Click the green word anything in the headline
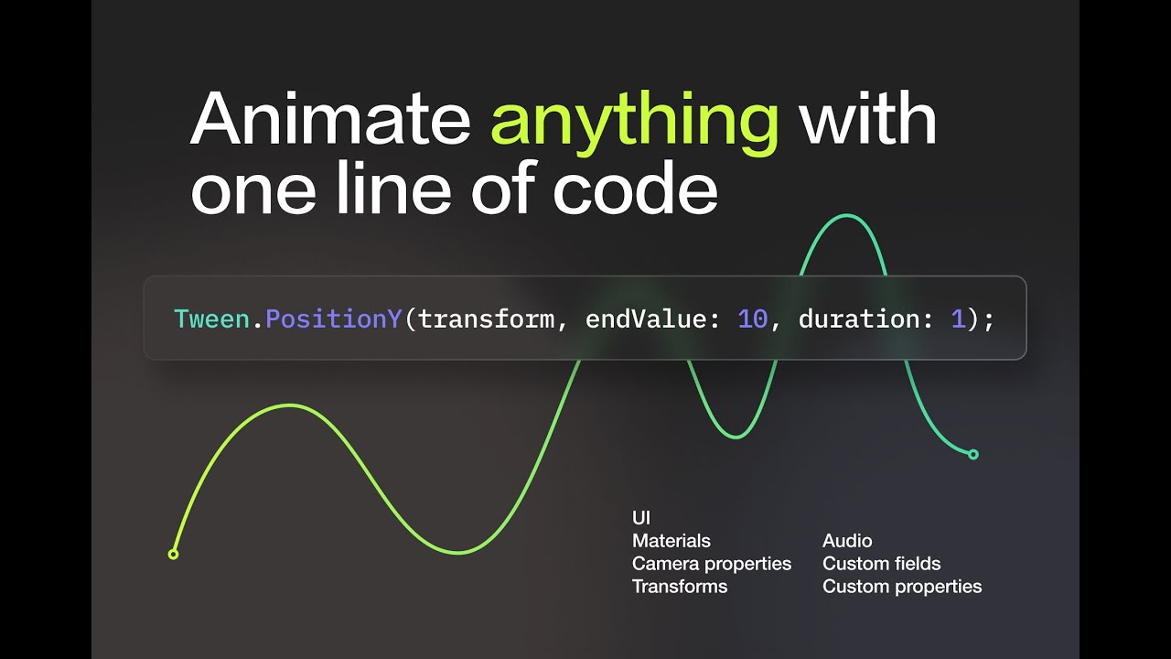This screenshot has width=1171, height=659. click(635, 123)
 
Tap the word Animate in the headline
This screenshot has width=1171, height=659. click(330, 118)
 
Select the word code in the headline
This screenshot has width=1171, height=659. click(635, 188)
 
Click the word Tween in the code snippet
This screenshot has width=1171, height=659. click(211, 319)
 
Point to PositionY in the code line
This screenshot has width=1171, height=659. click(334, 319)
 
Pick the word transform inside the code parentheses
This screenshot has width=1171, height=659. click(486, 319)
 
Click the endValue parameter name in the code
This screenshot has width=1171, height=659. click(645, 319)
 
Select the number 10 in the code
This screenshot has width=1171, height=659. click(753, 319)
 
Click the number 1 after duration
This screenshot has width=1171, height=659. click(958, 319)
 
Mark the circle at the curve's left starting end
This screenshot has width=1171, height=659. click(174, 554)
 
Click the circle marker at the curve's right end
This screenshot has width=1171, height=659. click(972, 455)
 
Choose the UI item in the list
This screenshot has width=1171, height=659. click(641, 518)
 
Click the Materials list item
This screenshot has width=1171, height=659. click(671, 540)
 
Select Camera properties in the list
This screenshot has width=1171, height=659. click(712, 564)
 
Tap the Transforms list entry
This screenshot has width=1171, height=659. click(680, 587)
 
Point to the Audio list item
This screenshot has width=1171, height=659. click(847, 540)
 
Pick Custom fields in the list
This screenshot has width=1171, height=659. click(881, 563)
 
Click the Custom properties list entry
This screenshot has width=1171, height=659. click(902, 587)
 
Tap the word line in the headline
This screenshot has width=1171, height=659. click(392, 188)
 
